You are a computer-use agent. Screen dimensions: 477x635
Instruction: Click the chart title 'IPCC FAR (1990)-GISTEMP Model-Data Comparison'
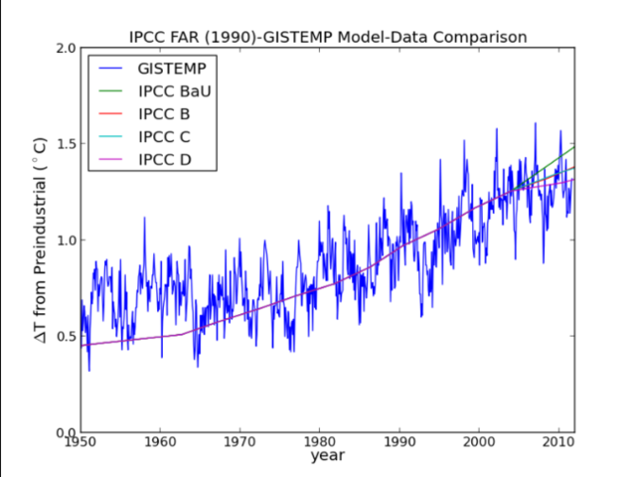[327, 37]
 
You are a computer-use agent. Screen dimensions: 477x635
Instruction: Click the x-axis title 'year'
[327, 457]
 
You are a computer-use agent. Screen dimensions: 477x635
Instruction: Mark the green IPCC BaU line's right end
[573, 147]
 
